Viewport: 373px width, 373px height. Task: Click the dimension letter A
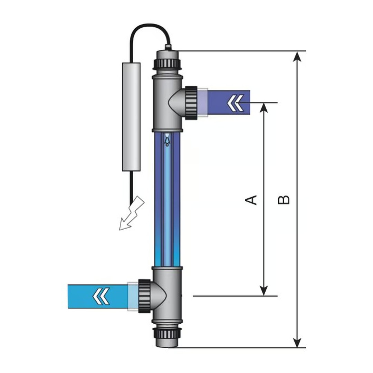251,200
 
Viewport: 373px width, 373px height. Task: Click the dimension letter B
284,200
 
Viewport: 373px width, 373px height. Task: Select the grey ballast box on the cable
131,117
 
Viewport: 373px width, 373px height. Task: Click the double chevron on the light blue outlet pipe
101,296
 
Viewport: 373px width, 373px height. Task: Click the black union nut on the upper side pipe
191,103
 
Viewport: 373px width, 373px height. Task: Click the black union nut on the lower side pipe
144,296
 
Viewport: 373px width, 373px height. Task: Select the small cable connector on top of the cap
168,46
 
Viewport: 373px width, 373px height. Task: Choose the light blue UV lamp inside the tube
167,207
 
